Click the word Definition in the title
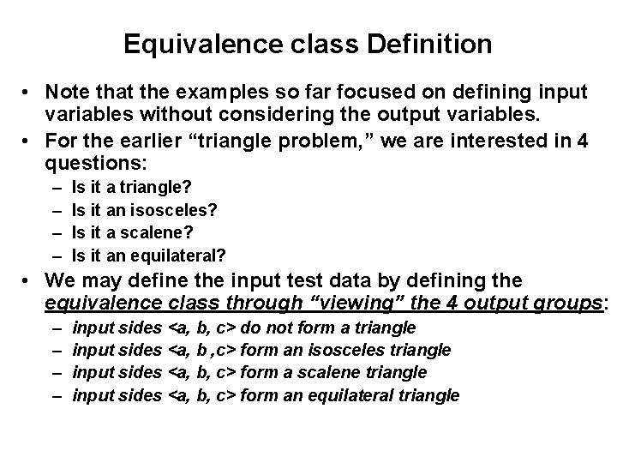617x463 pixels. click(x=438, y=44)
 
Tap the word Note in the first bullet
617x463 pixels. click(x=69, y=92)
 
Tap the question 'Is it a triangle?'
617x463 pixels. click(x=132, y=186)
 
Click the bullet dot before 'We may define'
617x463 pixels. click(x=28, y=280)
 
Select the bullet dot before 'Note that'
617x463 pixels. click(x=28, y=92)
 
